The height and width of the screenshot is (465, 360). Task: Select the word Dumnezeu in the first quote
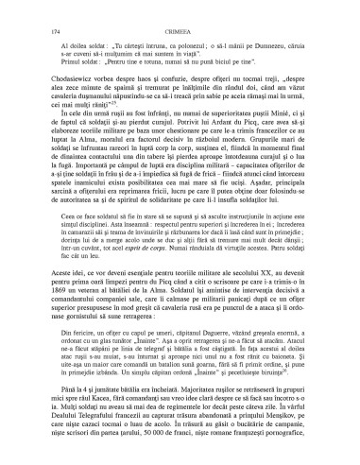[x=284, y=43]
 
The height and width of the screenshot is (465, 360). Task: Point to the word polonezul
[x=172, y=43]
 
